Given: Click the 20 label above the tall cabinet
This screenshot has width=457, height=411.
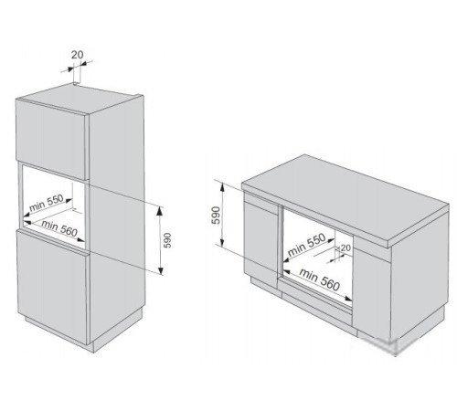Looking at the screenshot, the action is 77,55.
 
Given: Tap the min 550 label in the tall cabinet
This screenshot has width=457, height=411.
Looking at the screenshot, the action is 47,203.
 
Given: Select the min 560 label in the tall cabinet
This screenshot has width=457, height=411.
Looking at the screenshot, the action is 59,228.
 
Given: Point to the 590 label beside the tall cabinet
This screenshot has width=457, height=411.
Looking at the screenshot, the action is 167,240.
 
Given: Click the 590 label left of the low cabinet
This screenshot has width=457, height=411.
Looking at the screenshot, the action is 216,216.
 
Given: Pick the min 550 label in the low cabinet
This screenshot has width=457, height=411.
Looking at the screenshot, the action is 306,245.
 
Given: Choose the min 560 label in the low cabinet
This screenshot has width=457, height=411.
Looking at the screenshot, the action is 319,279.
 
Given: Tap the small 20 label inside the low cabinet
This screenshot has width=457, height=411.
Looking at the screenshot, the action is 345,248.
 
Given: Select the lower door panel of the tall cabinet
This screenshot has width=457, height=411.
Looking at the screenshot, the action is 52,287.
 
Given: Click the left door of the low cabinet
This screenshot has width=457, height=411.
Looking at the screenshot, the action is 260,238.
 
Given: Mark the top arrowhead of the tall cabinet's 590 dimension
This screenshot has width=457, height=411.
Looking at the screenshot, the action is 160,210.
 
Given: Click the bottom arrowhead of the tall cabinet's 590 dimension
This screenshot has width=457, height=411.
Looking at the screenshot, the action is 161,270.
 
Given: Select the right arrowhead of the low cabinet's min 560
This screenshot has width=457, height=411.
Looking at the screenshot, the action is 348,299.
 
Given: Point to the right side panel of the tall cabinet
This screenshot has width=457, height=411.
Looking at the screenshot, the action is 117,219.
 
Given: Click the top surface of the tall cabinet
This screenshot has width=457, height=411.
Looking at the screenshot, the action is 80,98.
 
